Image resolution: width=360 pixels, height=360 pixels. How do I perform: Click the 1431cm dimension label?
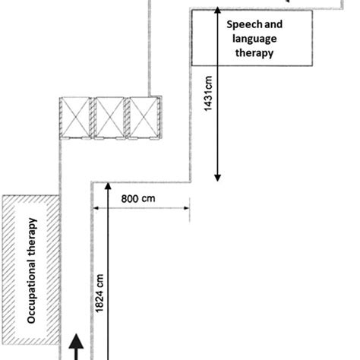(x=208, y=93)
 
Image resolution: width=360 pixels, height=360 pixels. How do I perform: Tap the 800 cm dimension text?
(x=138, y=199)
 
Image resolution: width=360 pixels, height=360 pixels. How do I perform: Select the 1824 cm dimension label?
(x=99, y=293)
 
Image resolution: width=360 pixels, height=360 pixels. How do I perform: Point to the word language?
(x=254, y=39)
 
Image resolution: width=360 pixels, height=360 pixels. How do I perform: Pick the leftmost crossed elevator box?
(x=75, y=118)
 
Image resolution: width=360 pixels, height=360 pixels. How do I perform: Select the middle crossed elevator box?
(x=110, y=118)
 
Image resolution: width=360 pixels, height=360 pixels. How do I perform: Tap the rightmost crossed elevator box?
(x=144, y=118)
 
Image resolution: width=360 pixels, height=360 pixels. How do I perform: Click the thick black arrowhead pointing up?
(x=76, y=342)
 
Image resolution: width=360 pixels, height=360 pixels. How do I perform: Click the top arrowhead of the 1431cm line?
(x=217, y=11)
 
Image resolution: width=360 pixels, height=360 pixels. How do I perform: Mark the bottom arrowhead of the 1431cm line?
(x=217, y=178)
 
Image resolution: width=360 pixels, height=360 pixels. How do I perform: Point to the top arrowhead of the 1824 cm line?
(x=108, y=186)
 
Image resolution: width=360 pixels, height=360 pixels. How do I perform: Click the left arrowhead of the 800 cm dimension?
(x=96, y=208)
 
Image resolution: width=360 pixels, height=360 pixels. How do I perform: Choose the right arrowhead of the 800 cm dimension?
(x=187, y=208)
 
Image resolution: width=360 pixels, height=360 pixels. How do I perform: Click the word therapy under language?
(x=254, y=53)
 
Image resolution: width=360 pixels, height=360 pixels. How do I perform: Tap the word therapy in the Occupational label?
(x=33, y=236)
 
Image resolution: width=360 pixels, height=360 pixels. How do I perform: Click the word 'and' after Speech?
(x=273, y=24)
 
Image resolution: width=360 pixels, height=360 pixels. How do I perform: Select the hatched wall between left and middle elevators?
(x=93, y=118)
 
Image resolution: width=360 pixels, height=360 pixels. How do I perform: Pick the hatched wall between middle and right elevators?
(x=127, y=118)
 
